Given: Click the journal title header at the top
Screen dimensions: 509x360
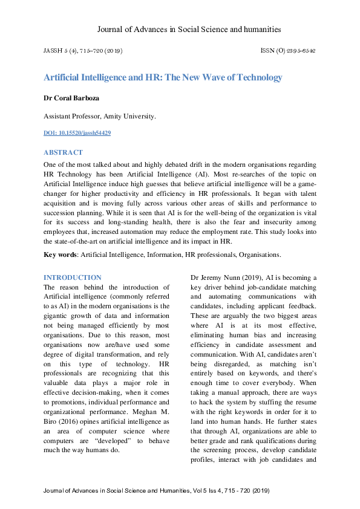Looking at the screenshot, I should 189,29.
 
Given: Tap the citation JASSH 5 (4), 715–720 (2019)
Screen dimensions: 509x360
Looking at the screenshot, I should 82,51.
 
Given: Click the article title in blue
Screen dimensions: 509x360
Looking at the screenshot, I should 163,77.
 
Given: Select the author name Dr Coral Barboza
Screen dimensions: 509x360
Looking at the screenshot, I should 72,98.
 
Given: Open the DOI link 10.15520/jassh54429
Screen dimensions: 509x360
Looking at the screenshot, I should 77,132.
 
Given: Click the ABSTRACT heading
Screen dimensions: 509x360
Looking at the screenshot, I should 63,152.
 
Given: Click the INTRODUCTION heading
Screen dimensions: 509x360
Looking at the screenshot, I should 73,277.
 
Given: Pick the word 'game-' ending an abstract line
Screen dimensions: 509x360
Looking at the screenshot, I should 304,184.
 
